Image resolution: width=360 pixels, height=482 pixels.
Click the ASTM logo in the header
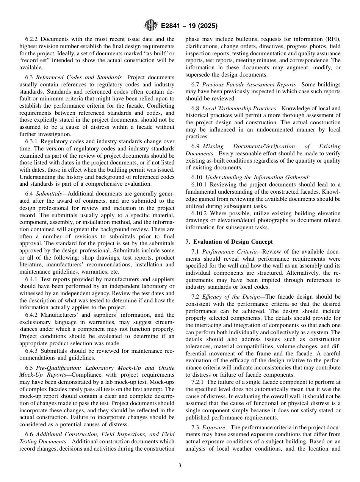tap(150, 26)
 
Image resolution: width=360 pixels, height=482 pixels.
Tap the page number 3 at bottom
tap(180, 466)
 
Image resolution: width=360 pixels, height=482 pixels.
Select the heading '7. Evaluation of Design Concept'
tap(229, 242)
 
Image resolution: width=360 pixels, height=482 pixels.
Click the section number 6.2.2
tap(33, 39)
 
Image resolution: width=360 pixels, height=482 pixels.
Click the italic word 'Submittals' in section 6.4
tap(49, 194)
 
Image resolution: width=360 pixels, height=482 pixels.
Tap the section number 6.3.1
tap(33, 141)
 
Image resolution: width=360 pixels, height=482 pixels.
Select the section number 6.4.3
tap(33, 351)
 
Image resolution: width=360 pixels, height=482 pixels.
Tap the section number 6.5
tap(30, 368)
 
